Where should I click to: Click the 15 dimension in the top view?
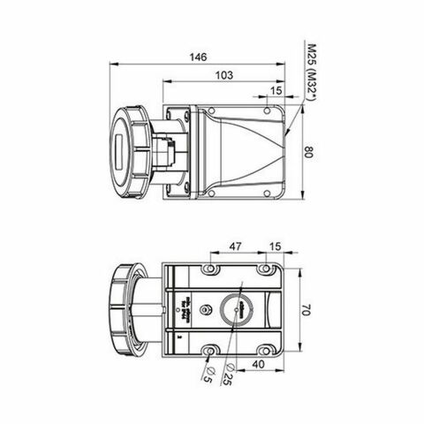click(x=276, y=91)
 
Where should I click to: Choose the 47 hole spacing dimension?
click(x=235, y=246)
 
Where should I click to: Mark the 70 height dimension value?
click(x=307, y=311)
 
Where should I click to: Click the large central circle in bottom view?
click(x=238, y=309)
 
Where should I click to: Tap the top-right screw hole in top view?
click(x=267, y=111)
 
